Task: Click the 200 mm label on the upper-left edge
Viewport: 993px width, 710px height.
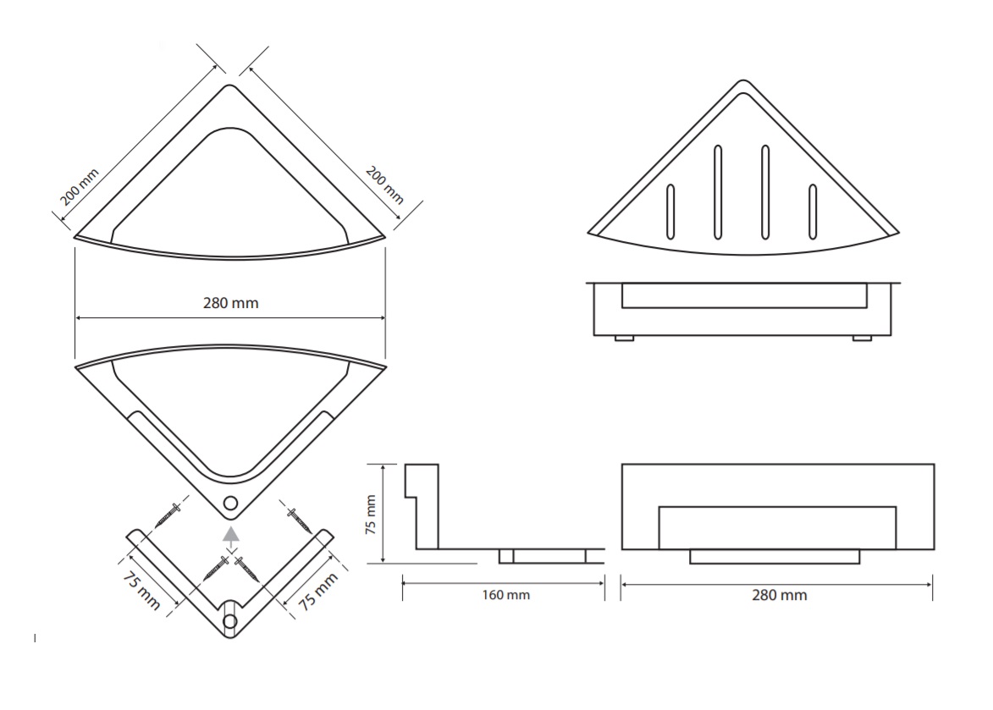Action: click(80, 187)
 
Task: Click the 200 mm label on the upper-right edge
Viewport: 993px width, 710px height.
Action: click(384, 184)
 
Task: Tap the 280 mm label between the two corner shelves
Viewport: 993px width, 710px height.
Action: click(230, 303)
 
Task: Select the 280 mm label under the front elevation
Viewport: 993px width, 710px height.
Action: click(779, 595)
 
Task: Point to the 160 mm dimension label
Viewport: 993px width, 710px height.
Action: click(506, 595)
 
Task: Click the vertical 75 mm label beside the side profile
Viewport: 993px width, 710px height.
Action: click(371, 515)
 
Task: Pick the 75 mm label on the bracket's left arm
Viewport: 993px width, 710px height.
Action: click(141, 591)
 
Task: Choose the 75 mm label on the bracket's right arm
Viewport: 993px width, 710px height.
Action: click(318, 591)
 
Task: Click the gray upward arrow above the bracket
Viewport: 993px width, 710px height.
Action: click(231, 536)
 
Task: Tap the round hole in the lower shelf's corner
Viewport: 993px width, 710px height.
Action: click(230, 504)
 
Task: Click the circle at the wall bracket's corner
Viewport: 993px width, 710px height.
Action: click(230, 621)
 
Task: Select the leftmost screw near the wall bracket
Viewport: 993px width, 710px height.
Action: click(168, 515)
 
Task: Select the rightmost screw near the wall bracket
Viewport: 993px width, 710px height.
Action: click(299, 520)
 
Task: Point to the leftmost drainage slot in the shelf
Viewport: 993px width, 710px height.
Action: click(670, 212)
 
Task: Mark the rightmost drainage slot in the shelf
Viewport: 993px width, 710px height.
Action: click(813, 212)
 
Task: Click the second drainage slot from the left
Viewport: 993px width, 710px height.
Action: click(718, 192)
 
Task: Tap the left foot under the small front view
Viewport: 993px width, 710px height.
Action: click(624, 338)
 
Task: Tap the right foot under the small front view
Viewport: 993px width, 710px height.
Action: click(862, 338)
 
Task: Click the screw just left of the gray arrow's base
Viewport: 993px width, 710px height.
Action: click(216, 568)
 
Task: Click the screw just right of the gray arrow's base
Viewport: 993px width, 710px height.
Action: click(247, 568)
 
